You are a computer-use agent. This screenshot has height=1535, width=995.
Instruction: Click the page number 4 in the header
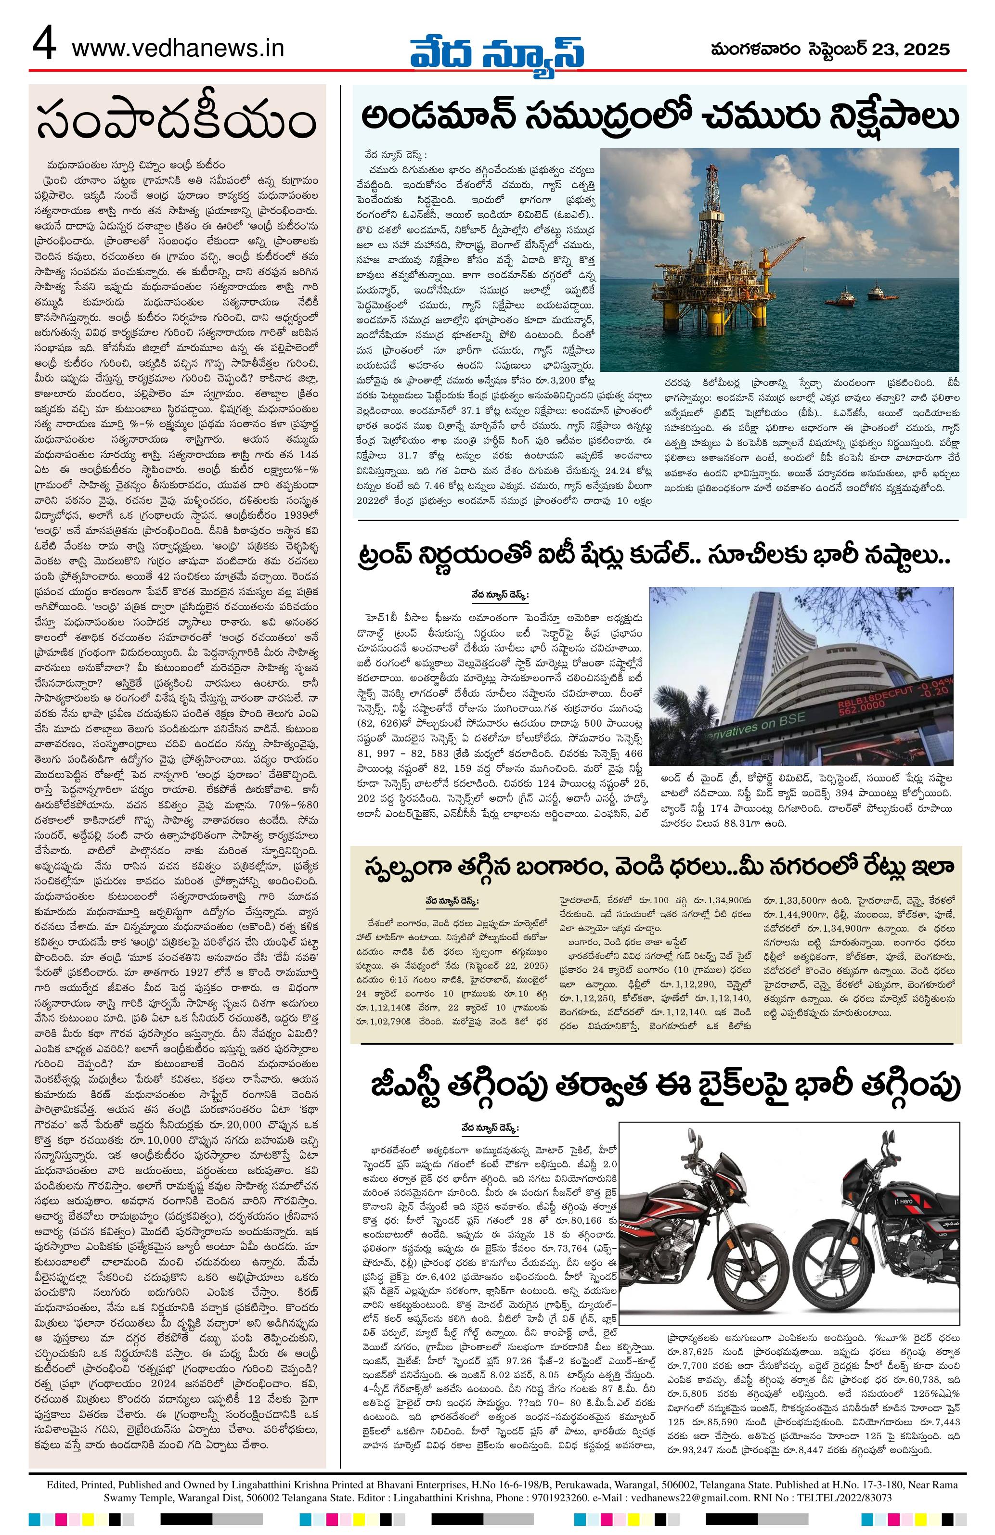tap(45, 47)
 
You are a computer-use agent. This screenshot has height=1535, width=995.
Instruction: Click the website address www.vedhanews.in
tap(178, 47)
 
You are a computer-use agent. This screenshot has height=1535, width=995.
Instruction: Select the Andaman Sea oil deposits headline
tap(659, 117)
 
